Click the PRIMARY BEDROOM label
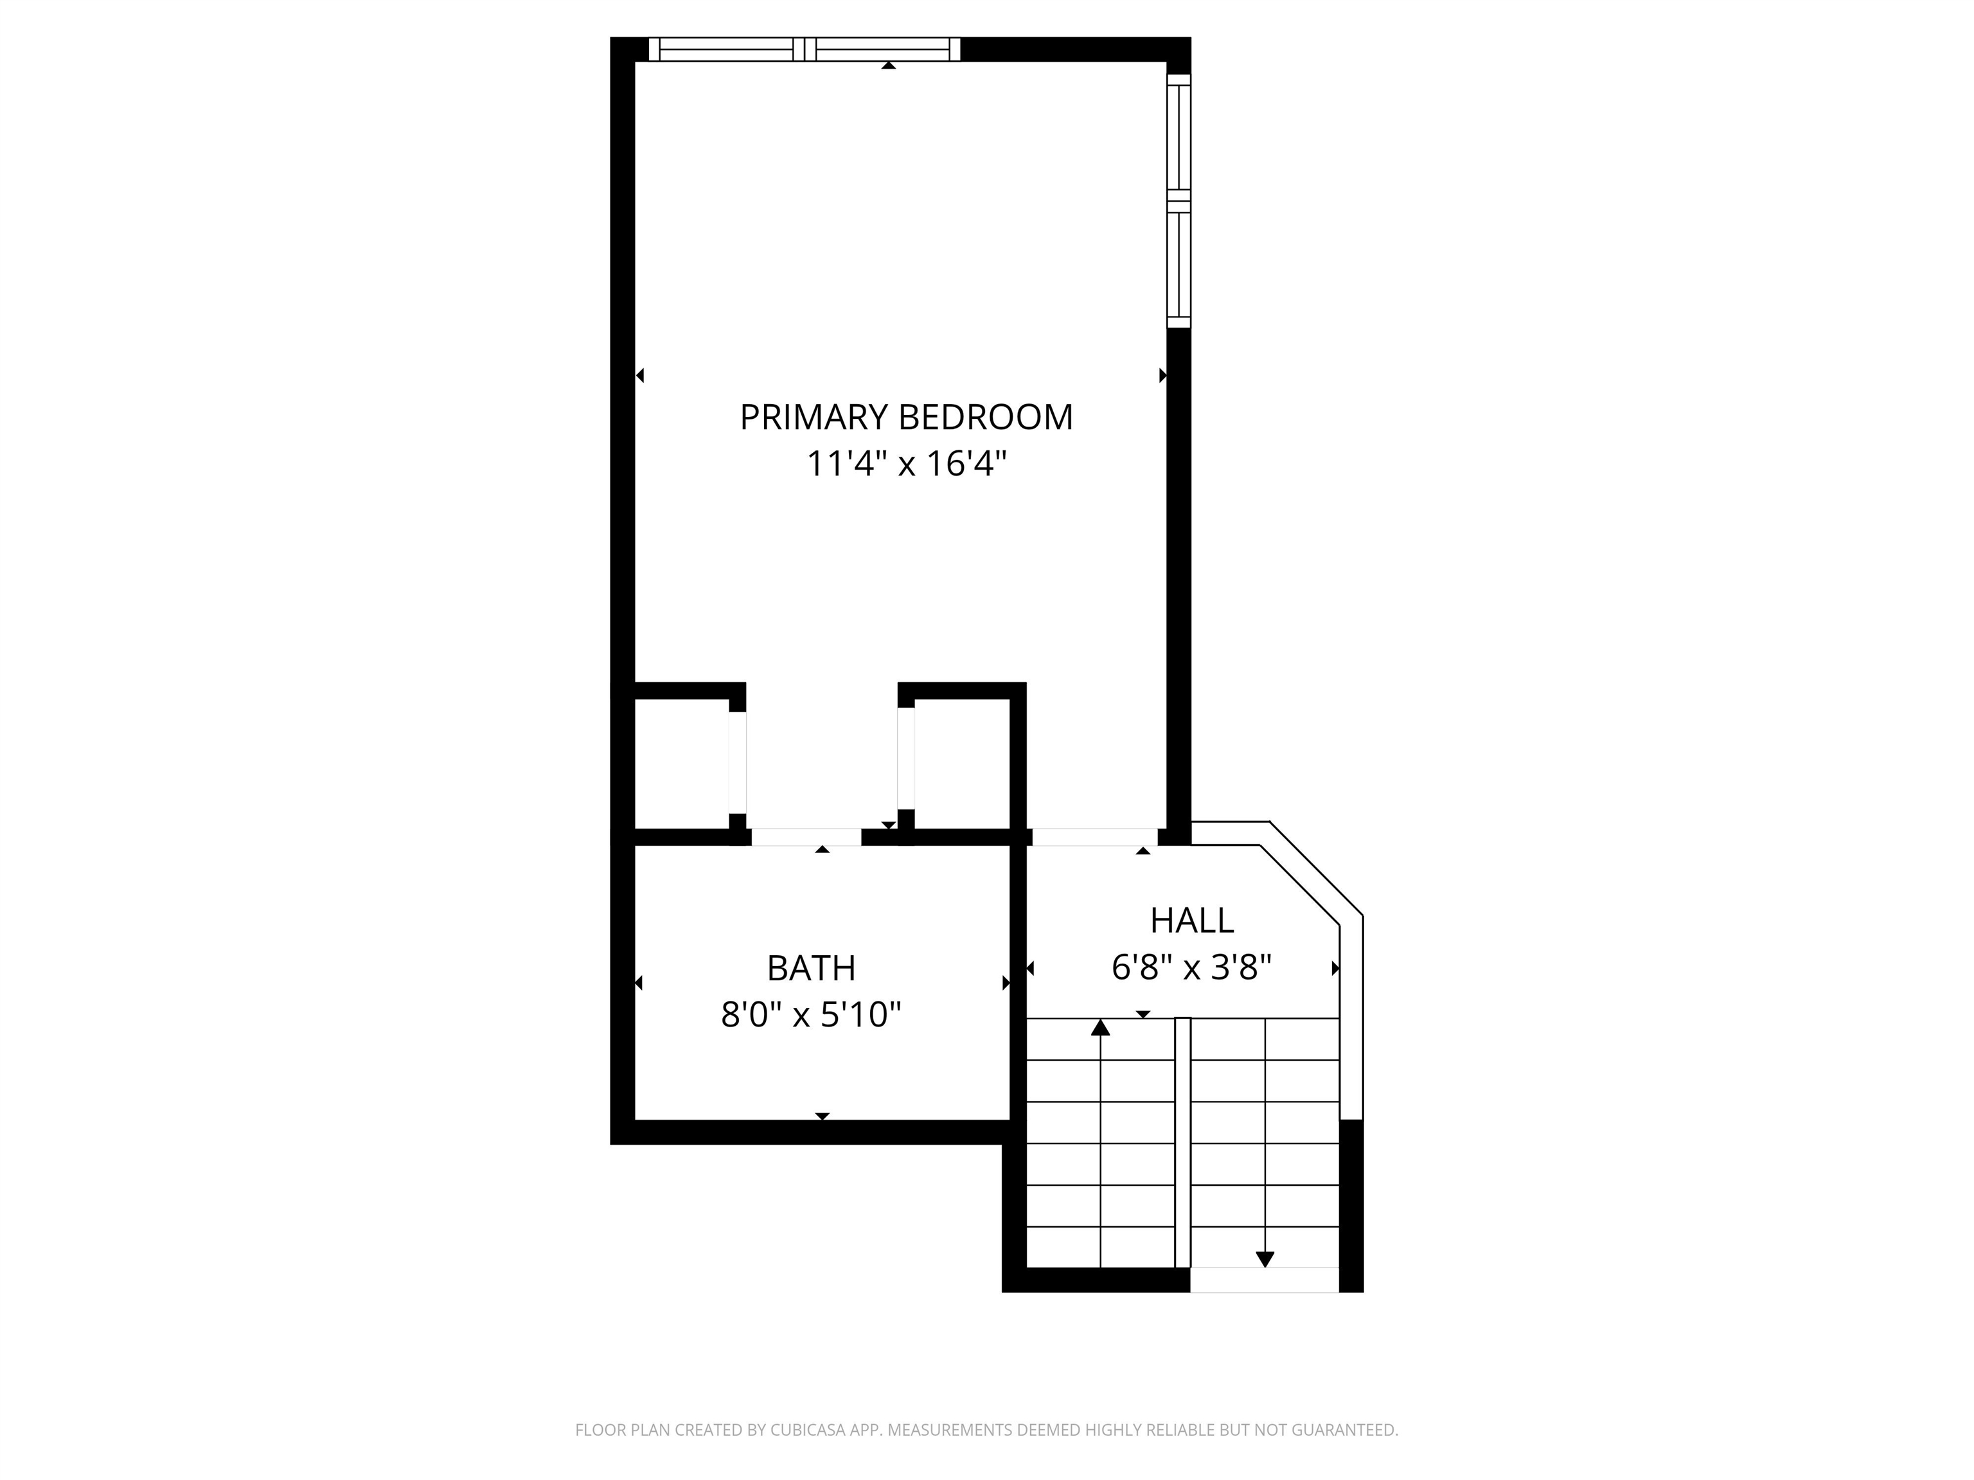click(906, 418)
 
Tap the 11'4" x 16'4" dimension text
click(906, 464)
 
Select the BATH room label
click(811, 968)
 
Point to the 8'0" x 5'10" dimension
click(811, 1014)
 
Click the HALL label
click(1191, 920)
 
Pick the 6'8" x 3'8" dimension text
click(1191, 967)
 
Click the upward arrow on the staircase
click(1100, 1028)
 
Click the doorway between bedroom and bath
click(806, 837)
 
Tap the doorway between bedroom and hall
click(1094, 837)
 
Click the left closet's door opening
click(737, 762)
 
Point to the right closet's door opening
click(906, 757)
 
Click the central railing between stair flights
click(1182, 1142)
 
